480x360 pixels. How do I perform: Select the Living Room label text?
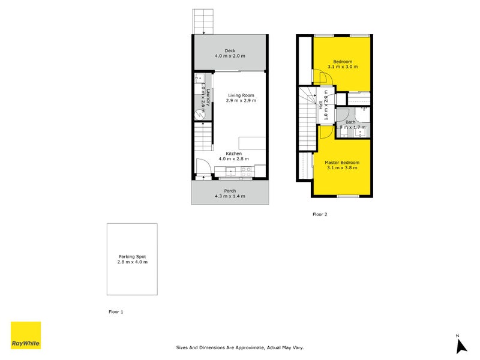[240, 95]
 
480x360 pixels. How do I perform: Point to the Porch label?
[230, 191]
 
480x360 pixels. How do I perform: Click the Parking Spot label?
[132, 256]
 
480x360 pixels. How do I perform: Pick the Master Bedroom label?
[342, 163]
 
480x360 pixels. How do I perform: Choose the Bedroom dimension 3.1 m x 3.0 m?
[343, 67]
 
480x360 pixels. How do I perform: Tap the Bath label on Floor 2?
[350, 122]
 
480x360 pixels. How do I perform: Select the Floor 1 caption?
[116, 312]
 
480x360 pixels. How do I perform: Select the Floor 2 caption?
[320, 214]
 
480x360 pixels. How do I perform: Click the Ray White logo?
[26, 335]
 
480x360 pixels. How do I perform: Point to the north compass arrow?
[460, 345]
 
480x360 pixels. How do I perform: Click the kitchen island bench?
[252, 143]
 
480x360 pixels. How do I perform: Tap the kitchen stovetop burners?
[246, 170]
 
